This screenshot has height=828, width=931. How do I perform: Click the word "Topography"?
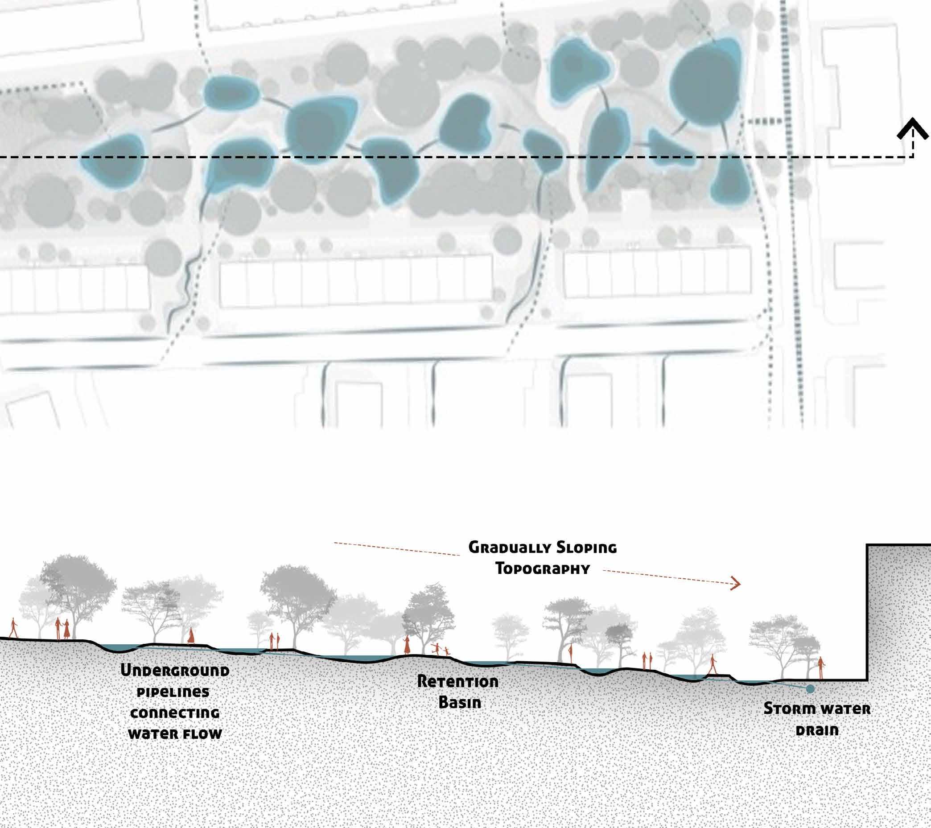[x=543, y=569]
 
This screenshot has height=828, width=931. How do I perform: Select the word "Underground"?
[x=175, y=671]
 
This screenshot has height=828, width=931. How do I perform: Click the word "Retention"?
[x=458, y=681]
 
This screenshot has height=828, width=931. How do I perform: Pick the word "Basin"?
[x=460, y=702]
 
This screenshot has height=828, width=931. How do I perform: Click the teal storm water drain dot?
[x=810, y=689]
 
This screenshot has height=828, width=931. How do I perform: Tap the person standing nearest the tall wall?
[x=820, y=667]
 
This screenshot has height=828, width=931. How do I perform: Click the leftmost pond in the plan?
[x=113, y=161]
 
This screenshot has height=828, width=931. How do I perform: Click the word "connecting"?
[x=175, y=713]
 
